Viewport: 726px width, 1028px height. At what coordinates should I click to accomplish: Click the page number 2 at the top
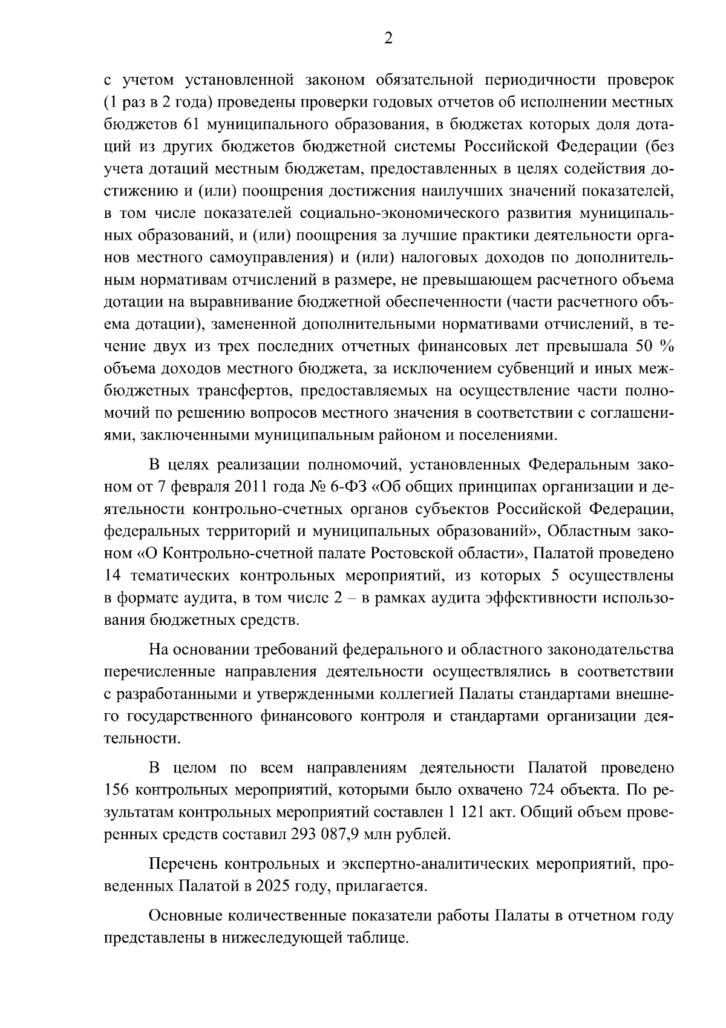(x=388, y=39)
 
